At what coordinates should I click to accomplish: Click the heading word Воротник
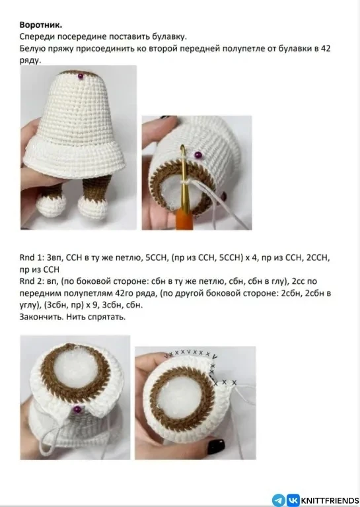41,25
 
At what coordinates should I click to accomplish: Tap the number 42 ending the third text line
326,48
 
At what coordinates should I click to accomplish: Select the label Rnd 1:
31,257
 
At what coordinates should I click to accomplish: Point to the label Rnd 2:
31,281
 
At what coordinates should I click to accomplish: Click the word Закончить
42,317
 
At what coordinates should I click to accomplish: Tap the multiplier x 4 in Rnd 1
250,258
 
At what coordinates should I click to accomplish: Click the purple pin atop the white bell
81,76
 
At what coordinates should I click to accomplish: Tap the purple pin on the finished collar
77,409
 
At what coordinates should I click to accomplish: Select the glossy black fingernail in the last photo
215,446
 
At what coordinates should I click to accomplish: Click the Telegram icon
279,500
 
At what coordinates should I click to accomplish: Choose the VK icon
293,500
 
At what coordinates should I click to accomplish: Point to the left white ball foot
51,206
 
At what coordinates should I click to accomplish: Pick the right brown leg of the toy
94,189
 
